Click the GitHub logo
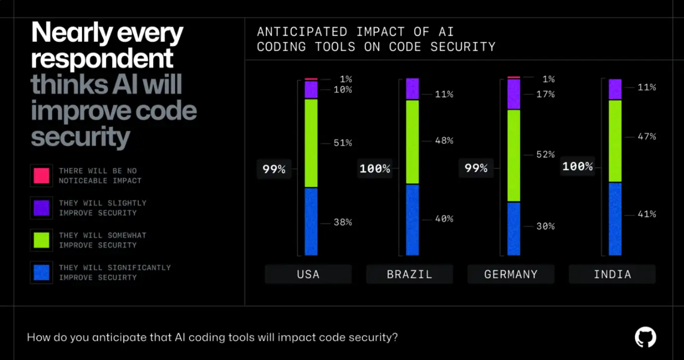[645, 337]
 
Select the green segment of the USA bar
[311, 143]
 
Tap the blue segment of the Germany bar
[513, 229]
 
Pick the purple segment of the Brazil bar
[413, 89]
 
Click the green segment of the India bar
[615, 141]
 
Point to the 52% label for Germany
[545, 155]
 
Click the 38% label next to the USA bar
[342, 222]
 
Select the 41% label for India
[647, 214]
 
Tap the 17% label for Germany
[545, 94]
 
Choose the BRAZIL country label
[410, 274]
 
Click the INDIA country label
[612, 274]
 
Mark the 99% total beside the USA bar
[274, 170]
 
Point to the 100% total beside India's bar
[577, 166]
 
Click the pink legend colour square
[41, 176]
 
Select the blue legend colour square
[41, 272]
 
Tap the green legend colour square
[41, 240]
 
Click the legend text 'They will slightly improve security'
[102, 208]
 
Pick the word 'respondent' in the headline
[102, 59]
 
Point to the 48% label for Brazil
[444, 141]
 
